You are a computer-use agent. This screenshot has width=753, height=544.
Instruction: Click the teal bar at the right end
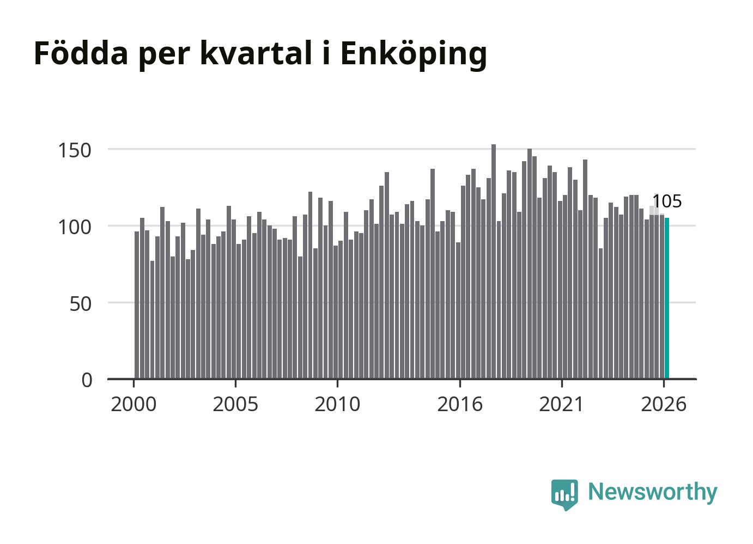click(x=666, y=299)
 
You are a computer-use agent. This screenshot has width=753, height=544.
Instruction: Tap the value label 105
click(x=667, y=201)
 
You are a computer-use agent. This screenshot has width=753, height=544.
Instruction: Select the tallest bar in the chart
click(x=494, y=262)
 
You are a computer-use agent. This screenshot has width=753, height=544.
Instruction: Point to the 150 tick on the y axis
click(x=75, y=150)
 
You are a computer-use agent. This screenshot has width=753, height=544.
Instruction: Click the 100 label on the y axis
click(x=75, y=228)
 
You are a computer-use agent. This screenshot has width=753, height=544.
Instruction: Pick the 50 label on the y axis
click(x=80, y=304)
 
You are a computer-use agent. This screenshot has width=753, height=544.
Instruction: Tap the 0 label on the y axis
click(x=87, y=381)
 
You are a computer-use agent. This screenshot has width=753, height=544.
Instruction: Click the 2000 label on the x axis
click(x=133, y=404)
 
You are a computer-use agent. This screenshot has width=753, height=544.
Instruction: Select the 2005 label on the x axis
click(x=235, y=404)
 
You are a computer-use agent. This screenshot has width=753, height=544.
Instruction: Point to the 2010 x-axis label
click(x=337, y=404)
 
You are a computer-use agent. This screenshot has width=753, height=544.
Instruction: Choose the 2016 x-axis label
click(x=460, y=404)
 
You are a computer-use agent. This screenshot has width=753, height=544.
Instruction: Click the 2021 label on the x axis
click(x=561, y=404)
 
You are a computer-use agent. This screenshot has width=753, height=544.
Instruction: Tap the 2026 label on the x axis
click(x=664, y=404)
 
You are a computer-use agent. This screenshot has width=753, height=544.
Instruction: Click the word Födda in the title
click(x=81, y=53)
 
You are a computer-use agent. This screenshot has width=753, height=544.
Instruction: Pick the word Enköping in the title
click(x=414, y=55)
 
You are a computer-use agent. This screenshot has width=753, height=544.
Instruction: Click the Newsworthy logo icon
click(x=564, y=494)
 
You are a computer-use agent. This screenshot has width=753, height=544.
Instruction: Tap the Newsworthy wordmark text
click(x=653, y=492)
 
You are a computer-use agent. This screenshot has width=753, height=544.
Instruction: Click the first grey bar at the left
click(x=136, y=305)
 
